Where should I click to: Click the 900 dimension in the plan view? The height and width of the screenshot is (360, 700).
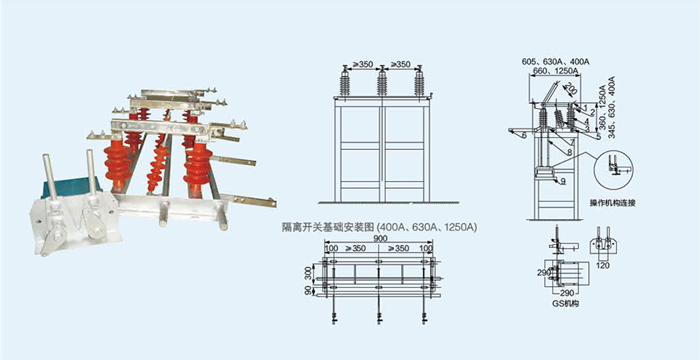point(380,239)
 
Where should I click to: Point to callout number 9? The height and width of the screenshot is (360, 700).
point(562,181)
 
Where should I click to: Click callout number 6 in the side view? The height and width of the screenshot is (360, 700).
point(524,135)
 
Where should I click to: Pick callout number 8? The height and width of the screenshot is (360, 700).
point(569,152)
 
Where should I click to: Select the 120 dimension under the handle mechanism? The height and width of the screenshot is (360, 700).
point(603,266)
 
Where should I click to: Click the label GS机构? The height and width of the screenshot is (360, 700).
point(562,304)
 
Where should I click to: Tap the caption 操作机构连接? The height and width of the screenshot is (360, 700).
point(612,202)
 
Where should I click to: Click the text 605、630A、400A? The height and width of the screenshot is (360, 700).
point(555,61)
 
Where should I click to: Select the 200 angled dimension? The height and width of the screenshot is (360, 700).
point(570,88)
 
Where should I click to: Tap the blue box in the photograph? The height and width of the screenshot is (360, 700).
point(71,188)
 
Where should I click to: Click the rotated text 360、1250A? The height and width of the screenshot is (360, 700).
point(603,107)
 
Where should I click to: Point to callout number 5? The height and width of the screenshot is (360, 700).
point(598,136)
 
